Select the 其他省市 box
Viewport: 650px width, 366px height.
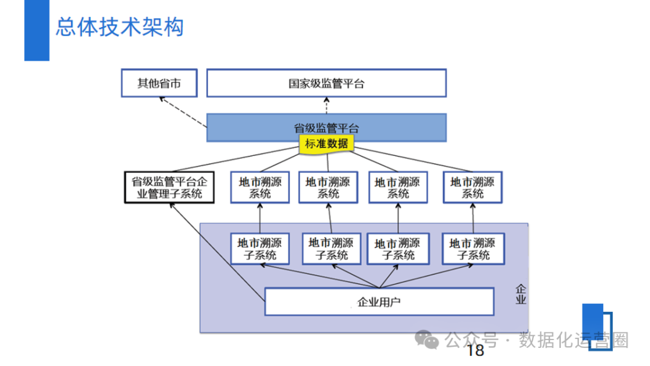[159, 83]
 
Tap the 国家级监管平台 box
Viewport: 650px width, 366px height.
[326, 83]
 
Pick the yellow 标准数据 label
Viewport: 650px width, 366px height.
[326, 144]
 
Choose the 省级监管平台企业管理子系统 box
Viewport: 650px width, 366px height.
[169, 187]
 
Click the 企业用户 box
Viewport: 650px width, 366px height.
[379, 302]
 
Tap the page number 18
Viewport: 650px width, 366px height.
[475, 350]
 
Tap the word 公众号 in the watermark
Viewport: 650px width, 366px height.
[472, 341]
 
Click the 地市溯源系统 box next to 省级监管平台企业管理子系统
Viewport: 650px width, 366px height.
[260, 187]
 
